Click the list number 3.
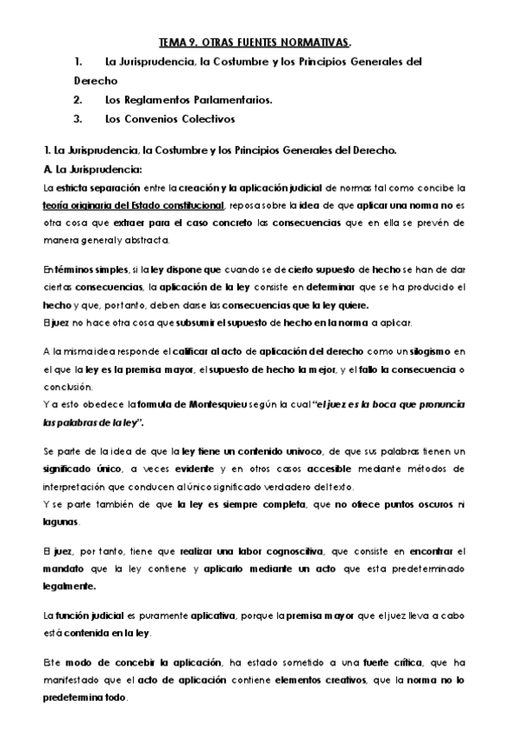point(77,118)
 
